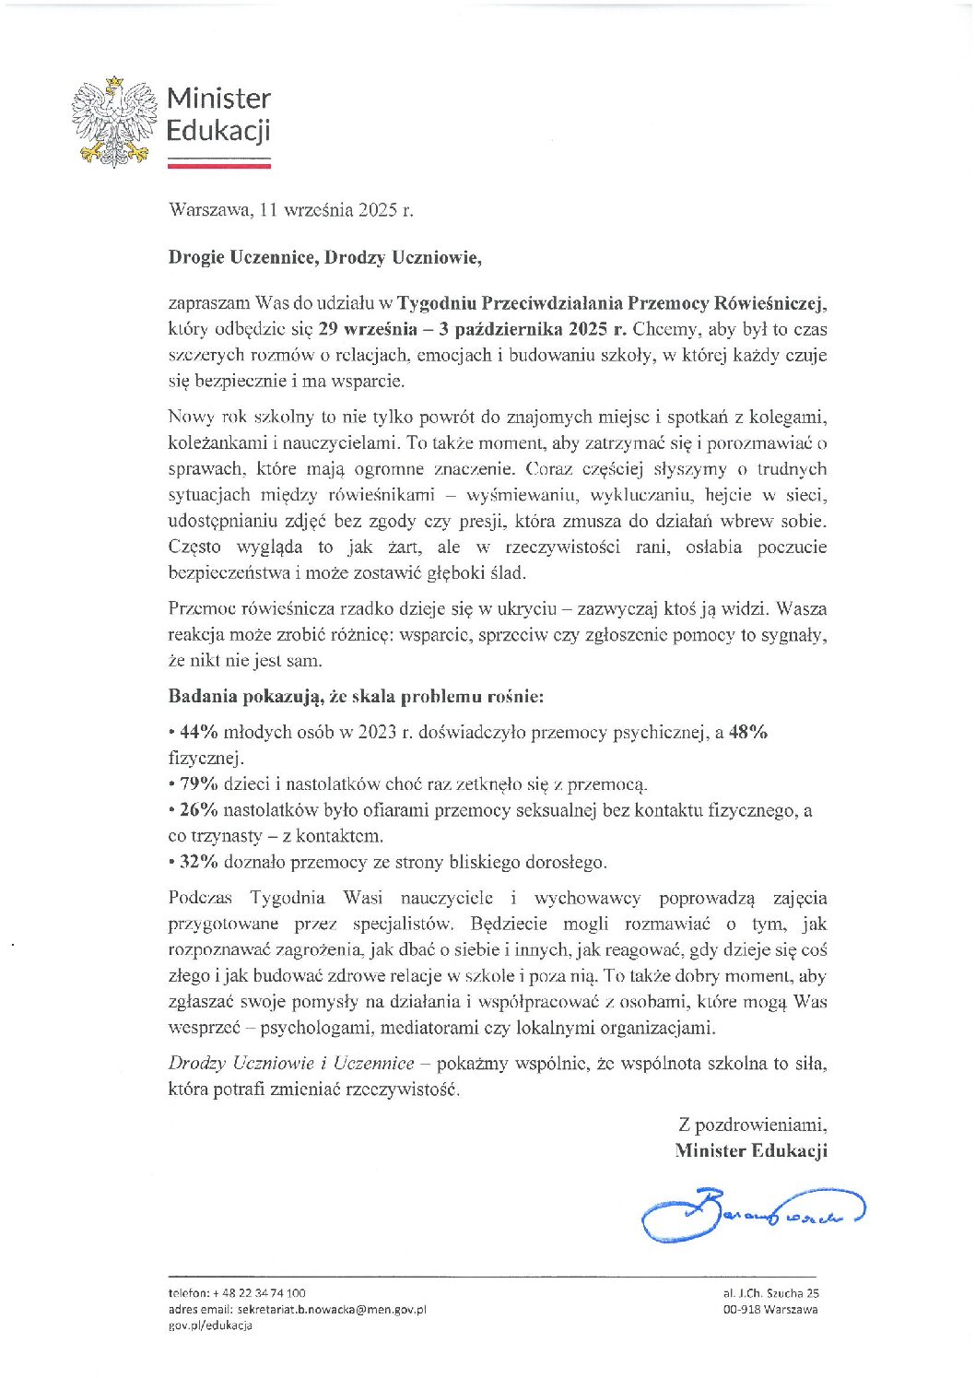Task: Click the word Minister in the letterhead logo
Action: click(218, 99)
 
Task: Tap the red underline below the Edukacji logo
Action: click(218, 167)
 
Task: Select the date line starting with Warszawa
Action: click(290, 210)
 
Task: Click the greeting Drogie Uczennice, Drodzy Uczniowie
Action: click(324, 257)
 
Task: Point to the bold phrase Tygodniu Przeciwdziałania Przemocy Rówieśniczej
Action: click(612, 303)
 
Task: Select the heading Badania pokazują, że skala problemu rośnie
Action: click(356, 697)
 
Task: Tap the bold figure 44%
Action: click(198, 733)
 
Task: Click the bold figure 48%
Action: click(748, 733)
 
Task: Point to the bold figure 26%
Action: click(198, 810)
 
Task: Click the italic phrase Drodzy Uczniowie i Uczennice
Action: click(291, 1064)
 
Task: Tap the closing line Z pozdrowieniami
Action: click(752, 1125)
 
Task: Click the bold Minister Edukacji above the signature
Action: click(750, 1150)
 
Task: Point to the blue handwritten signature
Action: click(752, 1216)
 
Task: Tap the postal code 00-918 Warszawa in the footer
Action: click(769, 1309)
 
